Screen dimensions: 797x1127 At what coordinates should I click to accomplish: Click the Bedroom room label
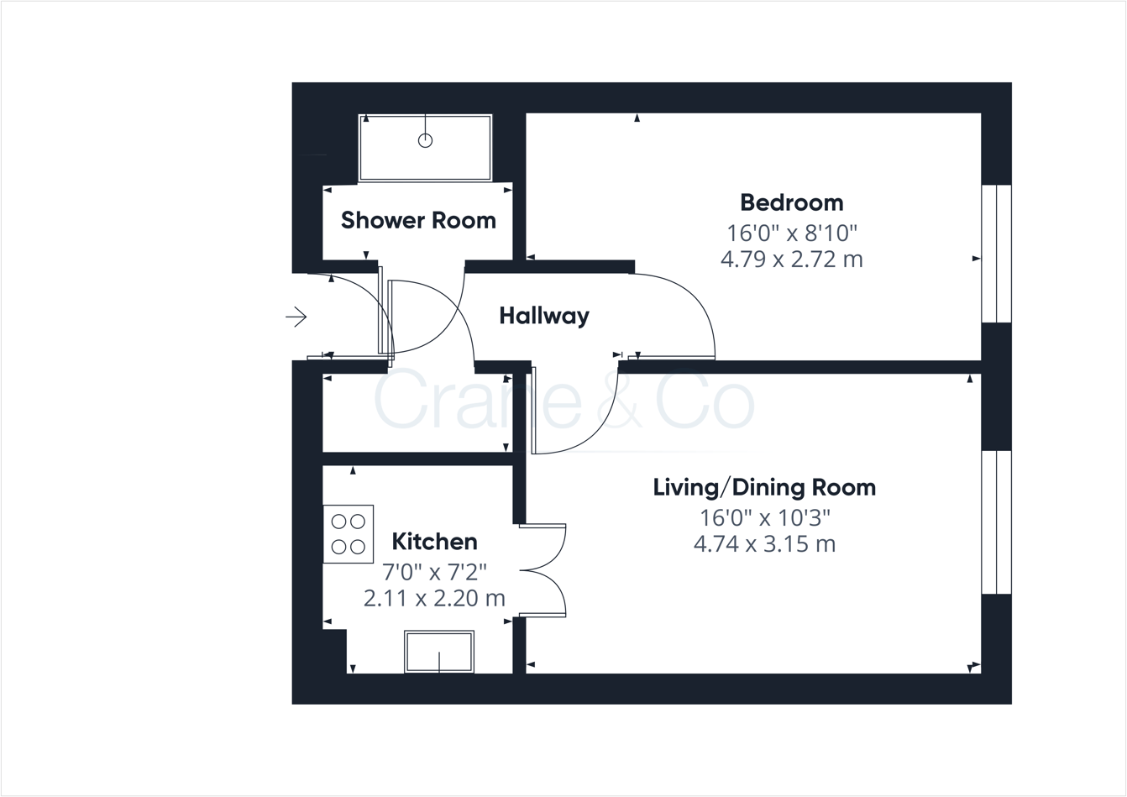pos(791,202)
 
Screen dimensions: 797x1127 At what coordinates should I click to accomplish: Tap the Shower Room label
pos(418,220)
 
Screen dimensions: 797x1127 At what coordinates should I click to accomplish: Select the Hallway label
pos(544,316)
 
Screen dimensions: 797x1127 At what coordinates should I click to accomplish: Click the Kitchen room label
pos(434,542)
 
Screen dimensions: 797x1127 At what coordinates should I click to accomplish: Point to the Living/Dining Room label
pos(764,487)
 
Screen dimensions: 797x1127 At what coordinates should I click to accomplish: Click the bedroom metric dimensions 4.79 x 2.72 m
pos(791,259)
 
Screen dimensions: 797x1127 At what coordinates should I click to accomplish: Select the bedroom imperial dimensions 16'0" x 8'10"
pos(791,232)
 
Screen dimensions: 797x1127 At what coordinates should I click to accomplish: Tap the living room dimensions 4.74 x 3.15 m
pos(764,543)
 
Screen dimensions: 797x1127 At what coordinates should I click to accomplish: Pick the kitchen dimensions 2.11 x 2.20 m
pos(434,598)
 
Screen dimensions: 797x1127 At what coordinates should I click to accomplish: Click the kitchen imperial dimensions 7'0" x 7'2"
pos(434,572)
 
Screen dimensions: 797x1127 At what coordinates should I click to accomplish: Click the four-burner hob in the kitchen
pos(349,534)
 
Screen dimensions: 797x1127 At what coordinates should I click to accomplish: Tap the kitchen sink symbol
pos(439,652)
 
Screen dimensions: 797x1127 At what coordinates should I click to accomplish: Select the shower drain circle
pos(425,140)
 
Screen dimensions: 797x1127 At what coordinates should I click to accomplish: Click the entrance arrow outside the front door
pos(296,317)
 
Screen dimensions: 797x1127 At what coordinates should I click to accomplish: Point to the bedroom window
pos(996,254)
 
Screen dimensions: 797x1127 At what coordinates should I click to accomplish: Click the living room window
pos(996,522)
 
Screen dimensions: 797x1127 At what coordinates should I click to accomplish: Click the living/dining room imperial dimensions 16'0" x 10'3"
pos(764,516)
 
